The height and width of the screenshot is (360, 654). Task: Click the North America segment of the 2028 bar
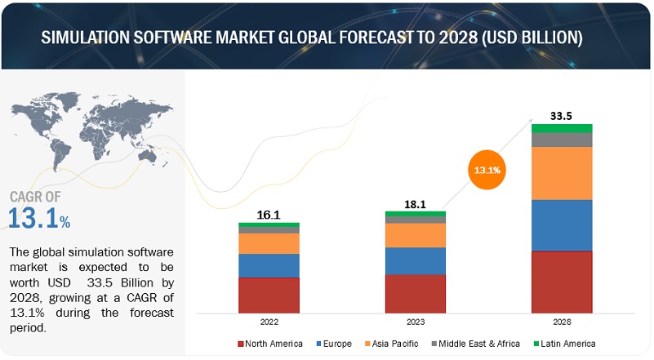(x=562, y=282)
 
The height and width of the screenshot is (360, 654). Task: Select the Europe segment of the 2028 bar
(x=562, y=225)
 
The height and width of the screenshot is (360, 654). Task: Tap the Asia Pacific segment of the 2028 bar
(x=562, y=173)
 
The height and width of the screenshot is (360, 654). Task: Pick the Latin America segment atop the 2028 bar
(x=562, y=128)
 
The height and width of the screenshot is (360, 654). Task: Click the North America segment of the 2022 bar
(x=269, y=295)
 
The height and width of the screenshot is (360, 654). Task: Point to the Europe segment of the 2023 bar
(x=416, y=260)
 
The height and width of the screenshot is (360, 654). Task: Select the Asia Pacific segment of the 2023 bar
(x=416, y=235)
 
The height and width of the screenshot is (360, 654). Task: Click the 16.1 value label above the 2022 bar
(x=269, y=214)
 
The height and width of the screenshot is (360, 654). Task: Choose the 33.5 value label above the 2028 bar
(x=562, y=115)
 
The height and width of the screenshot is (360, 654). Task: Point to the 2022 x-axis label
(x=269, y=322)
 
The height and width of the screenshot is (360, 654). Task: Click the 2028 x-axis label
(x=562, y=322)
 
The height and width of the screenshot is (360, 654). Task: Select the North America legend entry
(x=270, y=344)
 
